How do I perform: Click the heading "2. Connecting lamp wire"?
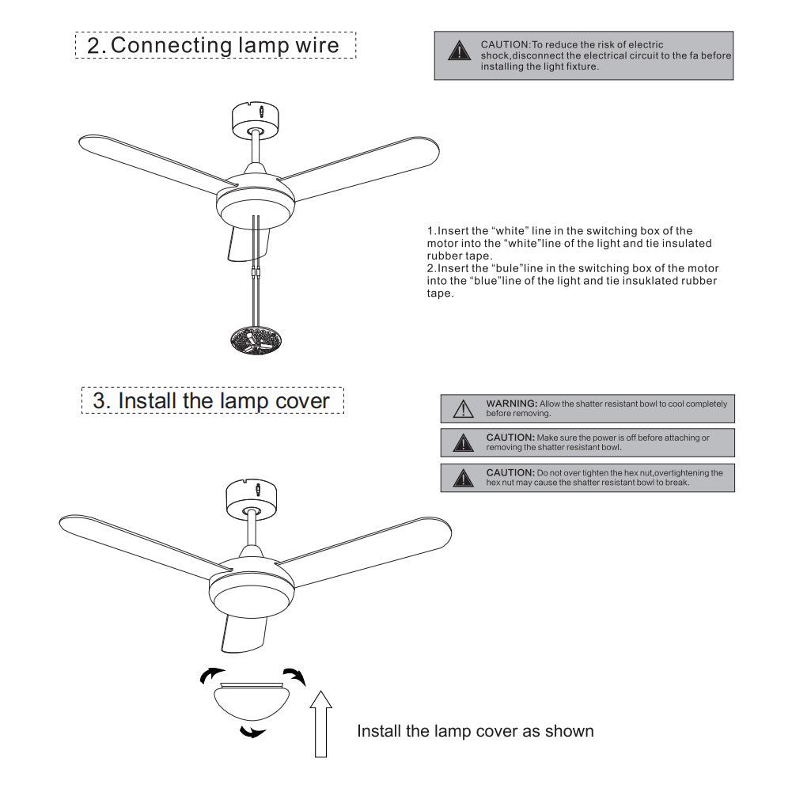click(214, 45)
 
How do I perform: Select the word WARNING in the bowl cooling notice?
click(511, 404)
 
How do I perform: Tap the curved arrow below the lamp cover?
click(252, 731)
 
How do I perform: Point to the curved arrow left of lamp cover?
click(210, 675)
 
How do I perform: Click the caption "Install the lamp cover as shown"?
click(475, 730)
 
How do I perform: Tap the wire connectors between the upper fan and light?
click(255, 275)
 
